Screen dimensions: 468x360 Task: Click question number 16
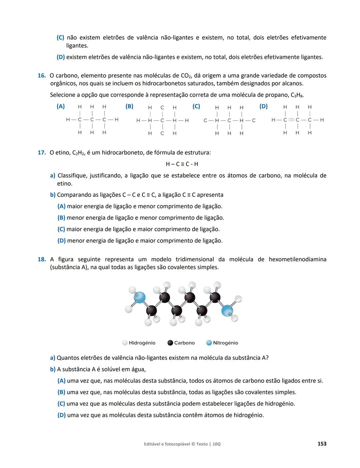41,76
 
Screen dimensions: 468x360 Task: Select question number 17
41,153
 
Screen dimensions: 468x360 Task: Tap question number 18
41,259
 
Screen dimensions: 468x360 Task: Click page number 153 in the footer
322,444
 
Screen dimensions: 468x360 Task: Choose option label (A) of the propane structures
61,106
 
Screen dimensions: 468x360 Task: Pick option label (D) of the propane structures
263,106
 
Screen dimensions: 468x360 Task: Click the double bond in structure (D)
291,120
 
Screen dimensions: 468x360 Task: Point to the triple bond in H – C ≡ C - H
182,164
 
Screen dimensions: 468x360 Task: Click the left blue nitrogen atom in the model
140,297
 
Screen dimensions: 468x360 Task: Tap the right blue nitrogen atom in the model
227,311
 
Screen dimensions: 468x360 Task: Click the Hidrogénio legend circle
125,343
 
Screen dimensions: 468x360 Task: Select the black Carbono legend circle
170,343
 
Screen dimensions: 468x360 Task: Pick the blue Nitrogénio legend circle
209,343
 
